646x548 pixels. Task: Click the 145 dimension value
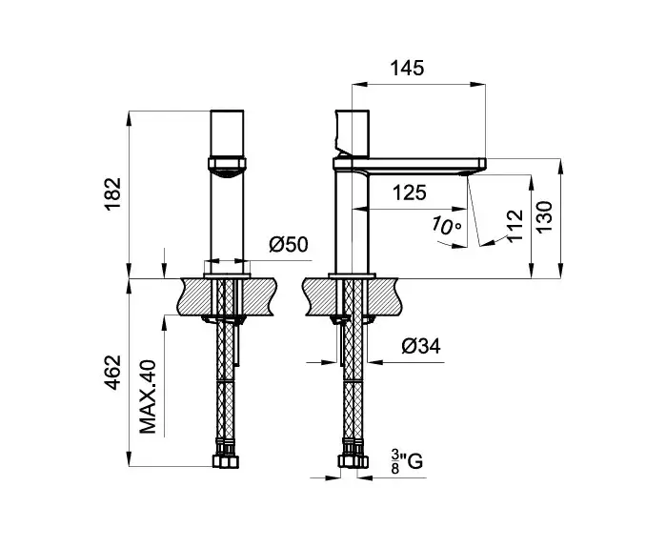tap(407, 68)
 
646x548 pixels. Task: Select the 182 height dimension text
tap(112, 193)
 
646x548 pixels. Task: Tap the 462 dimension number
tap(112, 372)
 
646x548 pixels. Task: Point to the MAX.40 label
tap(148, 396)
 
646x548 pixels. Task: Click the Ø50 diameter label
tap(289, 244)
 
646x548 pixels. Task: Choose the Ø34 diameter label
tap(421, 346)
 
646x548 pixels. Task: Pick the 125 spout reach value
tap(409, 193)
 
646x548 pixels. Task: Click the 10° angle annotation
tap(447, 226)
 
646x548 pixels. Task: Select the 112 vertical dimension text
tap(515, 226)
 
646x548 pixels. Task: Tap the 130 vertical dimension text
tap(544, 216)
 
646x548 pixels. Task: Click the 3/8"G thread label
tap(407, 461)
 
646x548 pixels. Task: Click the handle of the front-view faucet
tap(227, 134)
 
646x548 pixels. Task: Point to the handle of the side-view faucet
tap(353, 134)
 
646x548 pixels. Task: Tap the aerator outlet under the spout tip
tap(468, 173)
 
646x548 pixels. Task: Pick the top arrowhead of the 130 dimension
tap(560, 166)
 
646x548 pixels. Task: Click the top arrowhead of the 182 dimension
tap(130, 118)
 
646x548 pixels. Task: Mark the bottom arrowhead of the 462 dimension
tap(130, 458)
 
